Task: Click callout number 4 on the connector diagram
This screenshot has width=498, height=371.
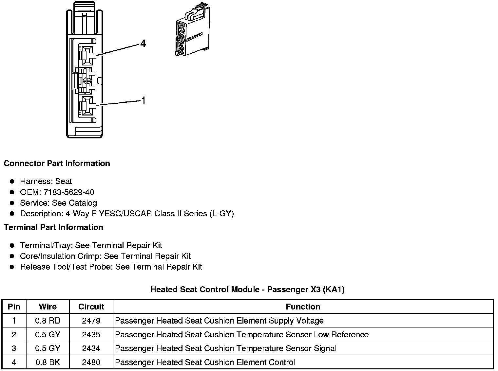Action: [143, 44]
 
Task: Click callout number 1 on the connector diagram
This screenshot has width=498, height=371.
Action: [143, 101]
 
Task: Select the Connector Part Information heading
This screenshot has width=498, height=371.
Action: [57, 164]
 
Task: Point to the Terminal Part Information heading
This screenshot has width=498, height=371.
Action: [53, 227]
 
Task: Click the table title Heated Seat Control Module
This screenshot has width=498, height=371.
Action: [247, 290]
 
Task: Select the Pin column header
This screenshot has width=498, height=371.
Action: [14, 307]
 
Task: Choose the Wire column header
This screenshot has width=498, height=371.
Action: [48, 307]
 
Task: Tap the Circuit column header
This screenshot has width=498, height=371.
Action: [91, 307]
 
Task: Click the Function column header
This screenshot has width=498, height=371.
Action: [303, 307]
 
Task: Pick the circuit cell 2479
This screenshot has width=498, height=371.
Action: [91, 321]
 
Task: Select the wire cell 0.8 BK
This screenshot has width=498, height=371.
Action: [48, 362]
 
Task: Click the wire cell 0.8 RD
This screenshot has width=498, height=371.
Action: [48, 321]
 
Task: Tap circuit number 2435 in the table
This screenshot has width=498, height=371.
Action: [91, 335]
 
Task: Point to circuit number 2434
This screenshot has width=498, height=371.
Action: [91, 348]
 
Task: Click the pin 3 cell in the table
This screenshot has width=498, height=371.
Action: [14, 348]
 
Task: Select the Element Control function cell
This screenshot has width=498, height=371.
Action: [205, 362]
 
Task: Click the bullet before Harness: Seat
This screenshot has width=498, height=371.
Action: [12, 181]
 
